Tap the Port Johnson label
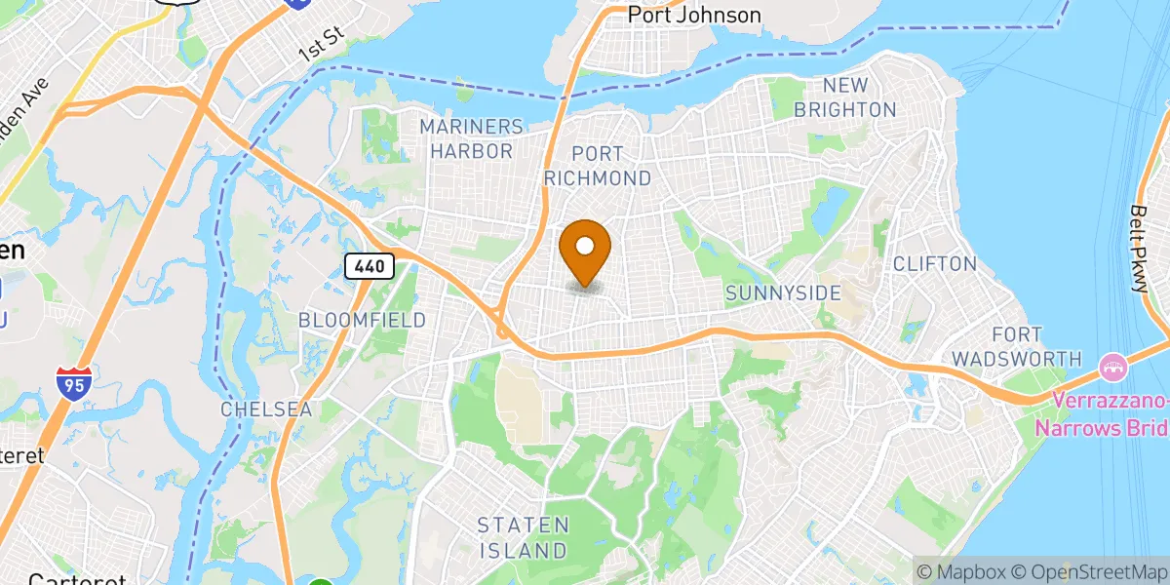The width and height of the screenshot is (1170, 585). click(693, 15)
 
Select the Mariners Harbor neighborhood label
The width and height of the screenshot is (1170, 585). click(472, 139)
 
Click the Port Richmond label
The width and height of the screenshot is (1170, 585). click(611, 166)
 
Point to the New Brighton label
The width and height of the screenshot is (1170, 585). click(844, 97)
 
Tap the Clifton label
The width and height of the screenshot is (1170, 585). click(934, 263)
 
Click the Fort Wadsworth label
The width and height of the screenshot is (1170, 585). click(1016, 346)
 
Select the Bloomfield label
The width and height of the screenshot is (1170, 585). click(363, 320)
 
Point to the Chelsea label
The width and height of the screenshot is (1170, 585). click(266, 409)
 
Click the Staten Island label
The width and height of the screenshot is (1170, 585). click(523, 537)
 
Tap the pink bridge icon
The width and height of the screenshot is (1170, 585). click(1111, 369)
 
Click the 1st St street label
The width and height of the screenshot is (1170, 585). click(323, 46)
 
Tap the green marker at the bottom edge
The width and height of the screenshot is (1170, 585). click(321, 582)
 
